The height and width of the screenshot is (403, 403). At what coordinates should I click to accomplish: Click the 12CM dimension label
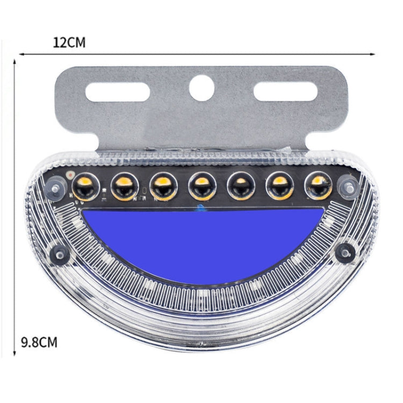point(69,43)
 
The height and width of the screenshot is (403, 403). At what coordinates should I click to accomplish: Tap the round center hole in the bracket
point(201,87)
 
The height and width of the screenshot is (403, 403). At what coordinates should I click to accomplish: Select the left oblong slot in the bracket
point(118,92)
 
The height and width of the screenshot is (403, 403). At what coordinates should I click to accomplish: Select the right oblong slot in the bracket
point(285,92)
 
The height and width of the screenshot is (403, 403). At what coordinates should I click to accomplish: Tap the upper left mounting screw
point(55,188)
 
